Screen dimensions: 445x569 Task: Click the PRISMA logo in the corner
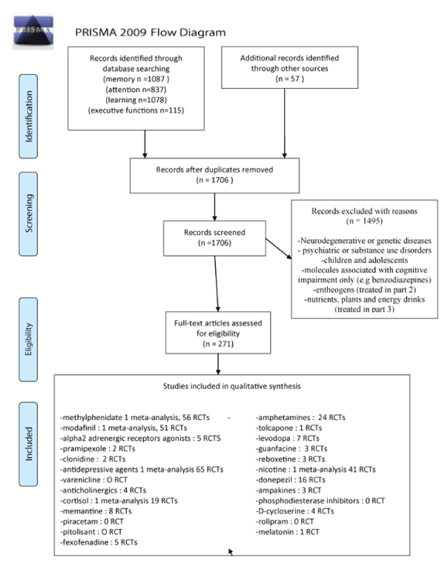(x=33, y=31)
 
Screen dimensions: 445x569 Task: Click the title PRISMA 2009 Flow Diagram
(x=151, y=33)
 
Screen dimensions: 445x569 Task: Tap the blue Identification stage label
(x=28, y=116)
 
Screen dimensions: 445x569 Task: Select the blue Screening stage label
(x=28, y=213)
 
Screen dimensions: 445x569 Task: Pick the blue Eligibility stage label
(x=28, y=339)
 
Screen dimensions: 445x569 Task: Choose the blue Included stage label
(x=28, y=444)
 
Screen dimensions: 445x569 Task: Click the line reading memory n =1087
(x=136, y=79)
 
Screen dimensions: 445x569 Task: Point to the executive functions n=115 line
(x=136, y=110)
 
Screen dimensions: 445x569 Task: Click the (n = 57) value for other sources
(x=289, y=79)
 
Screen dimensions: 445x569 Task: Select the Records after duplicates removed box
(x=214, y=176)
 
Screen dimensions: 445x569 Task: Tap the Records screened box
(x=214, y=238)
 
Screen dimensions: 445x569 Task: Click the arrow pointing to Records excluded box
(x=279, y=249)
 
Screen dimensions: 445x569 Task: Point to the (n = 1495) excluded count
(x=364, y=221)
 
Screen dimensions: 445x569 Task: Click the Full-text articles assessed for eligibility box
(x=218, y=333)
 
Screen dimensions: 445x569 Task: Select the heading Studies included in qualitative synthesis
(x=231, y=386)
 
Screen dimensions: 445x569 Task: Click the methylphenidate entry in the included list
(x=135, y=418)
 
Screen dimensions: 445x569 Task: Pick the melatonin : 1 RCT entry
(x=287, y=532)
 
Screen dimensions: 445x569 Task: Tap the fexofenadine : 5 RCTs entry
(x=99, y=542)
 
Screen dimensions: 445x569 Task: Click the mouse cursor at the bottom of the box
(x=231, y=551)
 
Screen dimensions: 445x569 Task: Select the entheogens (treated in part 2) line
(x=364, y=290)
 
